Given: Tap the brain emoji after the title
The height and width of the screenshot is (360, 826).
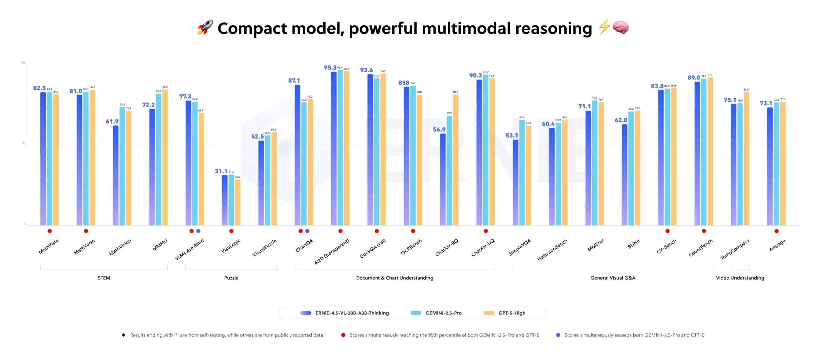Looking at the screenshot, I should (620, 27).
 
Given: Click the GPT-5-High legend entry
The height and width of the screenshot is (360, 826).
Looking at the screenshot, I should (505, 313).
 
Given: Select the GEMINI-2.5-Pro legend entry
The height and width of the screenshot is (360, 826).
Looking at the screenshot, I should (436, 313).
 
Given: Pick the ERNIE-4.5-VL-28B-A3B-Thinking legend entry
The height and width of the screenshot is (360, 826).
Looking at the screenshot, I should (345, 313).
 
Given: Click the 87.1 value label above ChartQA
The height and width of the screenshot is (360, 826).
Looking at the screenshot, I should (294, 81).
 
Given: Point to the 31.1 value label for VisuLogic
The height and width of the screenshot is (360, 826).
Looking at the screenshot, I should (221, 171).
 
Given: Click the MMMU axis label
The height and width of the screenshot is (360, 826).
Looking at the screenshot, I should (160, 245).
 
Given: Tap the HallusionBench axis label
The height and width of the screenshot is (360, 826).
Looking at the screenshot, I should (552, 250).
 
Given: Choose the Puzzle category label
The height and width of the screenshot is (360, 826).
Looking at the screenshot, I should (231, 278).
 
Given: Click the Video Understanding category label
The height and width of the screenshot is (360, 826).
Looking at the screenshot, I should (740, 278).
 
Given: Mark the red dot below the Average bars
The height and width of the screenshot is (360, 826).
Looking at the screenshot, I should (776, 231).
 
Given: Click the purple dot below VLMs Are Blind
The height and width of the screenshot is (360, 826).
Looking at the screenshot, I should (198, 231).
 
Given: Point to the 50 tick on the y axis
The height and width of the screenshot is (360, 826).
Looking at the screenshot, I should (24, 144).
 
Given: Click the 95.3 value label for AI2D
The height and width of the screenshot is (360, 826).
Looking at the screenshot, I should (330, 68).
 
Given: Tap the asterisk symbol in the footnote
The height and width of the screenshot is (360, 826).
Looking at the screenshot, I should (123, 335).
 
